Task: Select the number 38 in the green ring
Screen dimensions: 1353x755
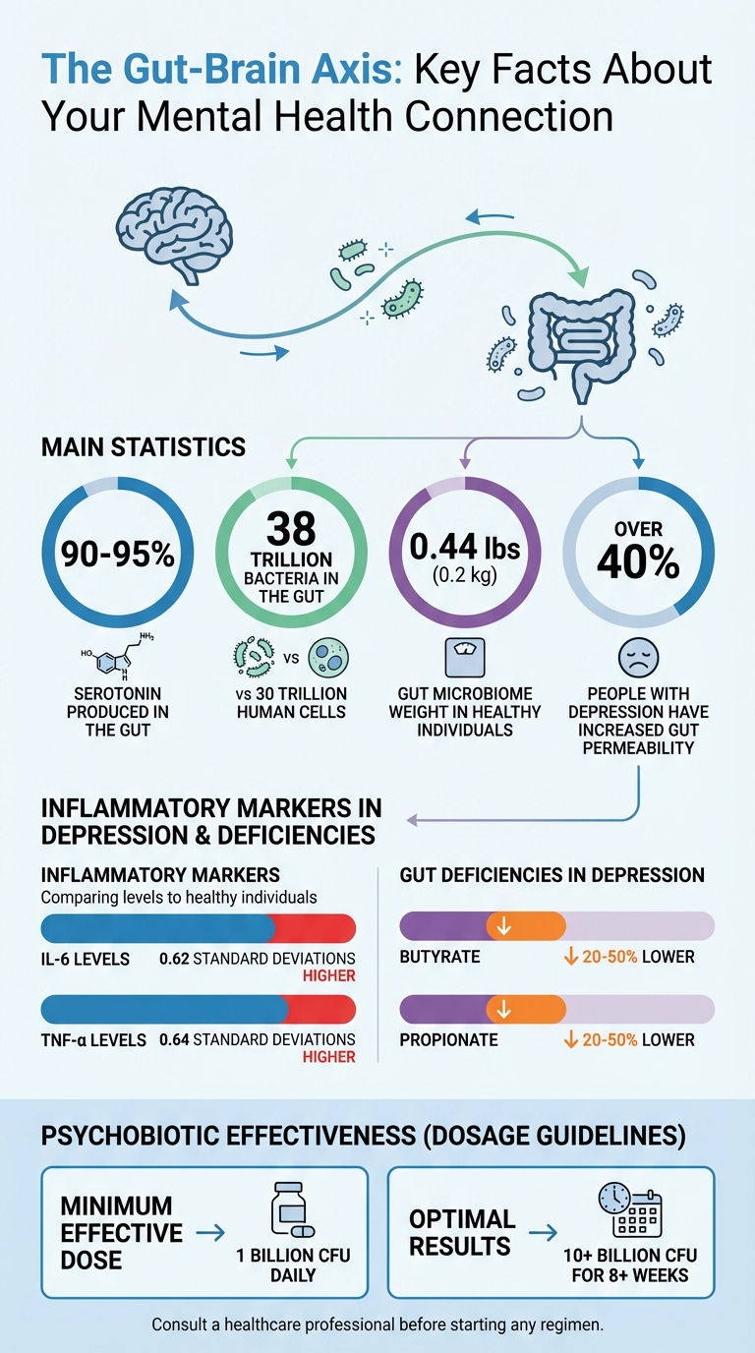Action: pos(291,528)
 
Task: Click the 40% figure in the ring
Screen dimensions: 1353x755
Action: pos(638,562)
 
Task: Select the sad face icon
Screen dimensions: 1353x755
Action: pos(638,657)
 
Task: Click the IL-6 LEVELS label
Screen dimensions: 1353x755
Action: pos(85,958)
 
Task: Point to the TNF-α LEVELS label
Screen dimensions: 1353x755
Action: pos(92,1039)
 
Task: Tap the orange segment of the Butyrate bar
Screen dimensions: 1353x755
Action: pos(525,926)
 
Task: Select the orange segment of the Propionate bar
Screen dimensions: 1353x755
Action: pos(525,1009)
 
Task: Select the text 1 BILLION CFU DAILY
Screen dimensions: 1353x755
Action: pos(292,1265)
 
